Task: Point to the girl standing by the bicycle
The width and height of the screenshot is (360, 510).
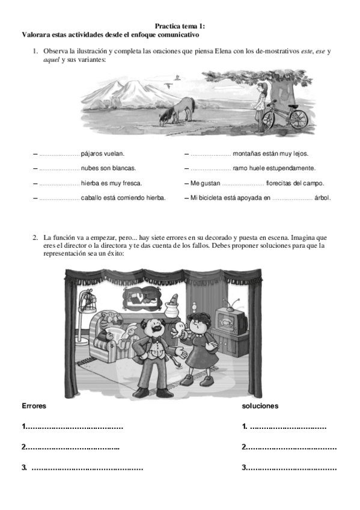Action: [260, 105]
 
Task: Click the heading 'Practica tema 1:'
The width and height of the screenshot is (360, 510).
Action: [180, 26]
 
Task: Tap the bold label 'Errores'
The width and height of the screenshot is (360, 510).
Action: [34, 406]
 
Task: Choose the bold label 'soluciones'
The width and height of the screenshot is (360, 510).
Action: [260, 406]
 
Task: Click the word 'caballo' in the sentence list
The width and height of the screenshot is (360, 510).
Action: [93, 197]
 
